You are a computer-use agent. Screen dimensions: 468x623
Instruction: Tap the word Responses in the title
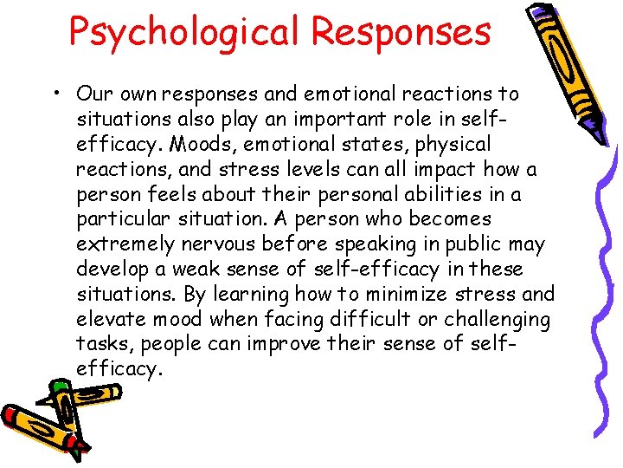point(401,32)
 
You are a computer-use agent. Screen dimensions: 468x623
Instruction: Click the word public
point(478,244)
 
